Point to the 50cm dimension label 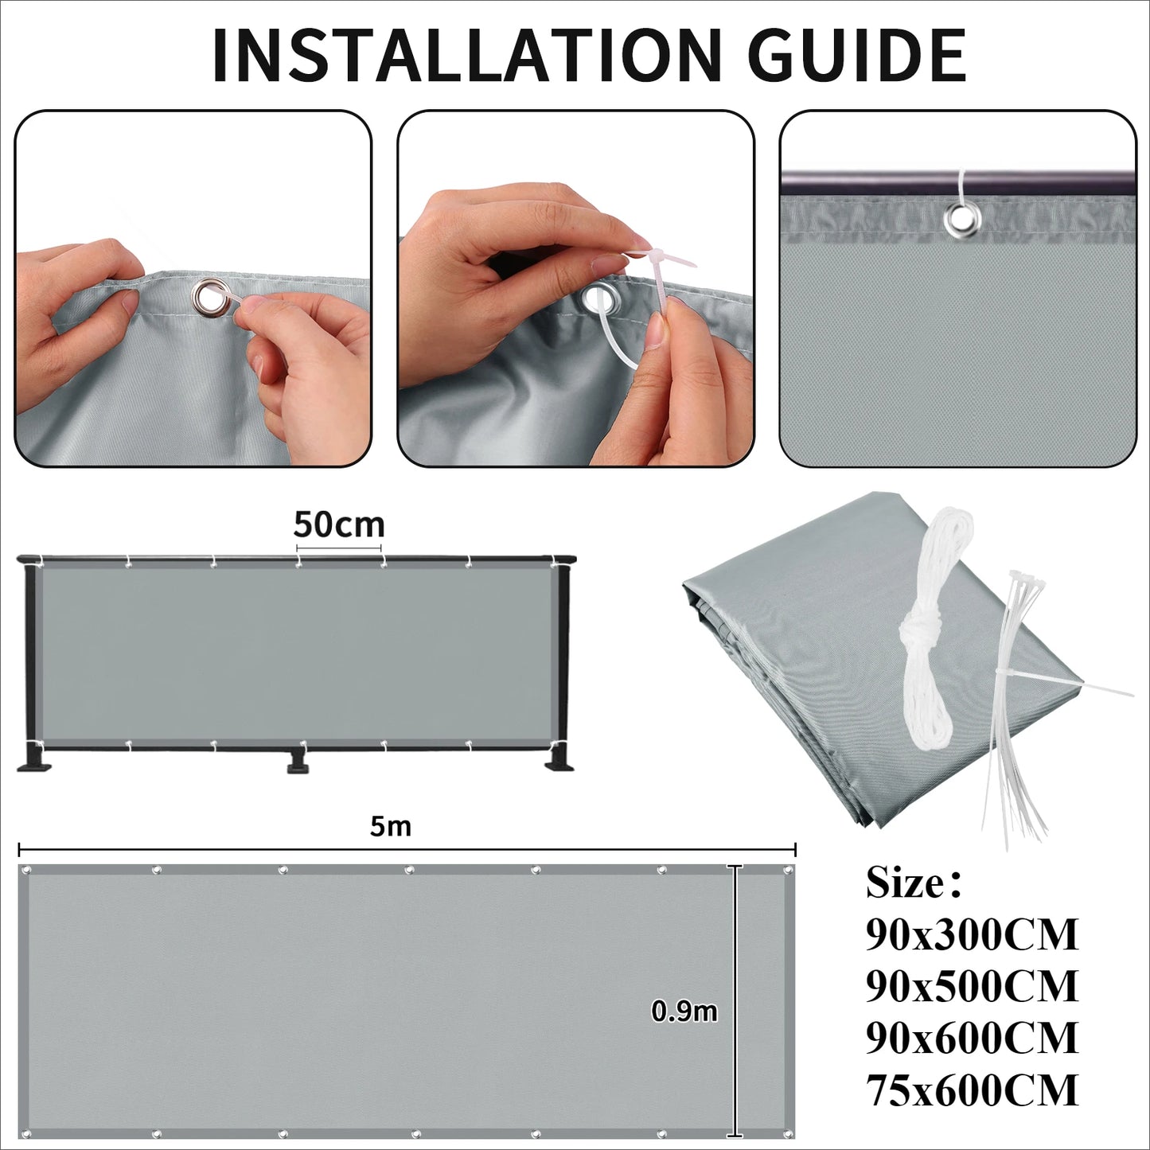pyautogui.click(x=339, y=524)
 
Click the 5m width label pyautogui.click(x=391, y=826)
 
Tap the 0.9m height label pyautogui.click(x=684, y=1011)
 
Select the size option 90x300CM pyautogui.click(x=972, y=934)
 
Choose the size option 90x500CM pyautogui.click(x=972, y=986)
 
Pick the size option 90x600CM pyautogui.click(x=972, y=1038)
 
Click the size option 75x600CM pyautogui.click(x=972, y=1090)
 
